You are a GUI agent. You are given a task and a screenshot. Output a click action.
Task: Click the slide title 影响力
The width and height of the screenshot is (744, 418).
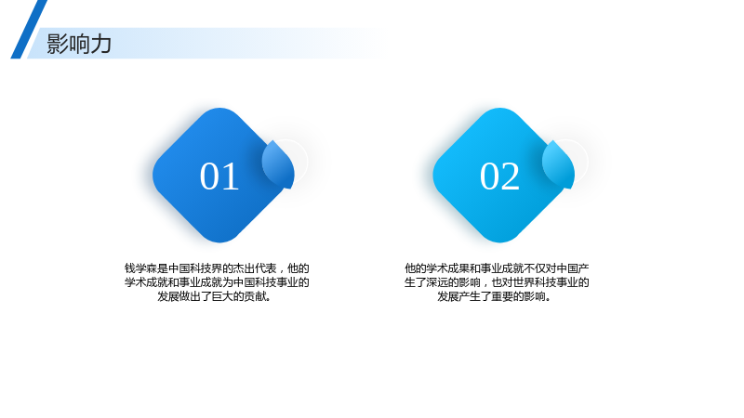tap(79, 44)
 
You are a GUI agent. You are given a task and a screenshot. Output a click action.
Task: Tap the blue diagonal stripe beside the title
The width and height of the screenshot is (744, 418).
tap(29, 30)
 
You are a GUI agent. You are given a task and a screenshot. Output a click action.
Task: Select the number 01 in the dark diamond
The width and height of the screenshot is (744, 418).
tap(219, 176)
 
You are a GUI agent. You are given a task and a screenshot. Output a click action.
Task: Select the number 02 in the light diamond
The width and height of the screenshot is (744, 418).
tap(499, 176)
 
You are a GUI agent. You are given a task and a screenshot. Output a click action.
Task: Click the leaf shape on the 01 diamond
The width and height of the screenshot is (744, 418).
tap(278, 164)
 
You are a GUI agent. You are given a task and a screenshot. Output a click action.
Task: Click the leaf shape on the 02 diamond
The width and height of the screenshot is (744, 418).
tap(559, 164)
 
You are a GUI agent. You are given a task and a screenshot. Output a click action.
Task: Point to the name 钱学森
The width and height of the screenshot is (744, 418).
tap(141, 268)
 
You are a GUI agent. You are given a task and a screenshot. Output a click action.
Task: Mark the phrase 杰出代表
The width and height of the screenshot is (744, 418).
tap(255, 268)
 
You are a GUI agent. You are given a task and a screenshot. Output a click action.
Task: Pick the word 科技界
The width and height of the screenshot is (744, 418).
tap(206, 268)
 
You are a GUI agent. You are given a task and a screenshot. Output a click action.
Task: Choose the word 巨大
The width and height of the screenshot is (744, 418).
tap(222, 296)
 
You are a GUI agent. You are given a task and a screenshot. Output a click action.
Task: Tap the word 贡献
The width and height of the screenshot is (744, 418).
tap(255, 296)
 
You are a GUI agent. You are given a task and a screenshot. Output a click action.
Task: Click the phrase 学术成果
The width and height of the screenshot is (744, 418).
tap(448, 268)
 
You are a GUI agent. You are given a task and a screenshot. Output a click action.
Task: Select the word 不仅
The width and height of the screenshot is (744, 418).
tap(535, 268)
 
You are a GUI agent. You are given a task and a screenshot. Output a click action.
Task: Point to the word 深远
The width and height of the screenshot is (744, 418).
tap(437, 282)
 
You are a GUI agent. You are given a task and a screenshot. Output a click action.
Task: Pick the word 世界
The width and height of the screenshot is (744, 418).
tap(524, 282)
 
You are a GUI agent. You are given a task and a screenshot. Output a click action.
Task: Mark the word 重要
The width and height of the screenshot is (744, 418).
tap(502, 296)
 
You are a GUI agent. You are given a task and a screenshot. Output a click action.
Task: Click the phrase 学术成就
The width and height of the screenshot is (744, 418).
tap(147, 282)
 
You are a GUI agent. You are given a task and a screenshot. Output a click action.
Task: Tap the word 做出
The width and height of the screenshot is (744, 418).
tap(190, 296)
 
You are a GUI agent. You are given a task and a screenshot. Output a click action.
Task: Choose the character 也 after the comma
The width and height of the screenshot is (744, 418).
tap(497, 282)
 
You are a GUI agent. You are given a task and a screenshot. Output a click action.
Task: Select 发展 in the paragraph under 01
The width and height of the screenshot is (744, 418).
tap(168, 296)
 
